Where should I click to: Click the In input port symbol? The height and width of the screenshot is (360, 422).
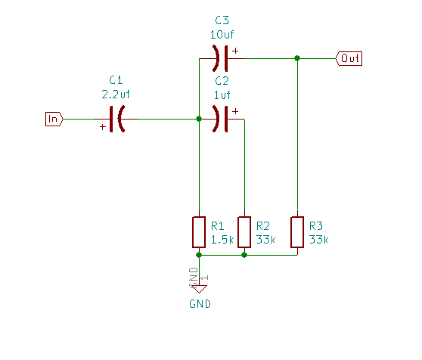54,119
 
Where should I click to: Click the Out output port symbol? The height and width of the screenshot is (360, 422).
349,58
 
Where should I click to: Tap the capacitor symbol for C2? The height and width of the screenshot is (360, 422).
221,119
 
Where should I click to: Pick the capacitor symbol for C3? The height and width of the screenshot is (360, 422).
221,58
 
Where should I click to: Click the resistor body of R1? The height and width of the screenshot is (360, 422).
198,232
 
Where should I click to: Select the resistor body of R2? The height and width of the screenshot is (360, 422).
244,232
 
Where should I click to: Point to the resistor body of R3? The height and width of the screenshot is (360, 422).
297,232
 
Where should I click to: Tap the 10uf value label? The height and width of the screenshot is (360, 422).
222,34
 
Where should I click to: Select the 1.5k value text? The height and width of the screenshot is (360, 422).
222,239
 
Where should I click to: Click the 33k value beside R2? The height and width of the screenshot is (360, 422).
265,239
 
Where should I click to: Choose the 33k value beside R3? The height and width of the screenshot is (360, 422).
318,239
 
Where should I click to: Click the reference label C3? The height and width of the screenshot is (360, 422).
222,20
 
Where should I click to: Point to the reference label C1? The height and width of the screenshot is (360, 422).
116,80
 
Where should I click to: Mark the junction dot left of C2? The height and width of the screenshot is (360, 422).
198,119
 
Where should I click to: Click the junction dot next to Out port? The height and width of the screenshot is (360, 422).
297,58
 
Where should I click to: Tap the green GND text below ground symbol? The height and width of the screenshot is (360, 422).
200,304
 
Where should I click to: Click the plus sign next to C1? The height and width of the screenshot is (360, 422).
103,128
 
